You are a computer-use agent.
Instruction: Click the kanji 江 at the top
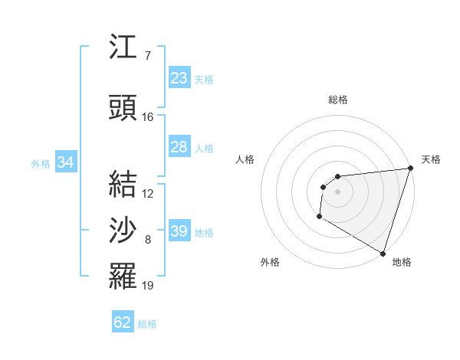click(123, 47)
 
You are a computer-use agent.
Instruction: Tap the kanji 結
click(123, 184)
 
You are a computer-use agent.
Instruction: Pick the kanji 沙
click(123, 230)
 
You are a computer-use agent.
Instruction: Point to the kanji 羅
click(123, 276)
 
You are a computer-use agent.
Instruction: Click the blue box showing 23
click(179, 78)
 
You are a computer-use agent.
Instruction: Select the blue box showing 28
click(179, 147)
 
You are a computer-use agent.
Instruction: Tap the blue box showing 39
click(179, 231)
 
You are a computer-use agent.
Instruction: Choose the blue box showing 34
click(65, 162)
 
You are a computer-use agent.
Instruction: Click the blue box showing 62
click(123, 322)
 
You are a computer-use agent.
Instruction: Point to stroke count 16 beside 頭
click(147, 117)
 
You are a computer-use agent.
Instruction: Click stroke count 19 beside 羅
click(147, 286)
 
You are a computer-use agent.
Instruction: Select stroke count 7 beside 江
click(147, 56)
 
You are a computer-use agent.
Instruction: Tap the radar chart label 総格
click(338, 100)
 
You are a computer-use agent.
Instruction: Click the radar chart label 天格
click(431, 159)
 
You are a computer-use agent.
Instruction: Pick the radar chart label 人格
click(245, 159)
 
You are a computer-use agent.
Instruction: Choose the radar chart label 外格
click(270, 262)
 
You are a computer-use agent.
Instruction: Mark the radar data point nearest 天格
click(411, 169)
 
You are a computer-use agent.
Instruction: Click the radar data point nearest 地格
click(383, 254)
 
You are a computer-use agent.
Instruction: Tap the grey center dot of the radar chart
click(337, 191)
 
